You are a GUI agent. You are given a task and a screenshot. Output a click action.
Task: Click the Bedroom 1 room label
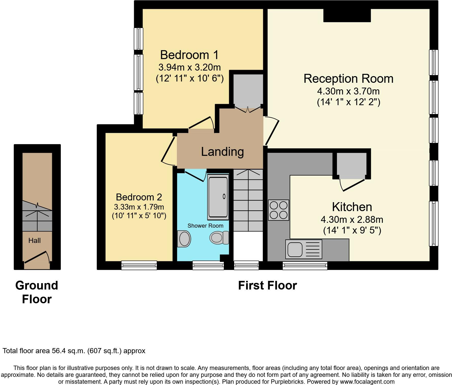pos(189,55)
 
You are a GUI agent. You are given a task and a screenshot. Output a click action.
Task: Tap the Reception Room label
pos(348,78)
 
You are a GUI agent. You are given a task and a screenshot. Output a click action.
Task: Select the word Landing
pos(222,152)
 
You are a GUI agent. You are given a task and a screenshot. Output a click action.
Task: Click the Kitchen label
pos(352,207)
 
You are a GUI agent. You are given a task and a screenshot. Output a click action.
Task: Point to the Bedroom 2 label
pos(139,197)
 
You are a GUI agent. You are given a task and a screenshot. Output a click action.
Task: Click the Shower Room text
pos(205,226)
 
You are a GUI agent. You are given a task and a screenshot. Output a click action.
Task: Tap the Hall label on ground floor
pos(34,240)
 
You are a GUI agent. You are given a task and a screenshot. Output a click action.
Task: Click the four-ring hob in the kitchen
pos(278,210)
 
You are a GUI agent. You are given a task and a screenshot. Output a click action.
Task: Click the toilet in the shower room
pos(219,238)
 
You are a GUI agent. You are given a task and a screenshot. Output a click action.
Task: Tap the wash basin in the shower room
pos(184,239)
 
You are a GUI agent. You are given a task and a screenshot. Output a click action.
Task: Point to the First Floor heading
pos(267,285)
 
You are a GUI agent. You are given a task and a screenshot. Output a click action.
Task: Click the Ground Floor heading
pos(37,292)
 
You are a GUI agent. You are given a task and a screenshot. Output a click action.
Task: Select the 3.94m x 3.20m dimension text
pos(190,67)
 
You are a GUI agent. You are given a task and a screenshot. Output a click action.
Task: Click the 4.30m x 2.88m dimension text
pos(352,219)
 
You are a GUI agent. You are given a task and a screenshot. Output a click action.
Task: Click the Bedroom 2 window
pos(139,265)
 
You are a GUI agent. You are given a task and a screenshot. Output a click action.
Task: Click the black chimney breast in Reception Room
pos(347,15)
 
